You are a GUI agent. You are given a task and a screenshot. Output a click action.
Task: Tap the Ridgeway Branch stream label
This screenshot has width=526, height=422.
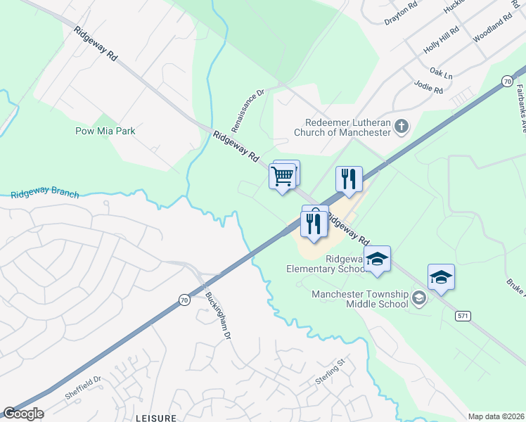[x=45, y=194]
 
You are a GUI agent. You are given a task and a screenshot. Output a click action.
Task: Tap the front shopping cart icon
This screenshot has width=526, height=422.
[x=282, y=177]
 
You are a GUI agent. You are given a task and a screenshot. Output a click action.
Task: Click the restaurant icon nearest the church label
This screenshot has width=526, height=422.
[x=349, y=180]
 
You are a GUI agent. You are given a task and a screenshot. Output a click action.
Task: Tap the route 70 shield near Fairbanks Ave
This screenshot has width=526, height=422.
[x=506, y=82]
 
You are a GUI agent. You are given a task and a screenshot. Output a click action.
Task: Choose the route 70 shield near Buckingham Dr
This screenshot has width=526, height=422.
[x=184, y=300]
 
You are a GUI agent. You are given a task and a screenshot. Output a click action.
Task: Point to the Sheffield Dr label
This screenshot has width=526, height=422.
[x=84, y=388]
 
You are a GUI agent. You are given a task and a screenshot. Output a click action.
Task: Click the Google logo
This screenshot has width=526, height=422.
[x=23, y=413]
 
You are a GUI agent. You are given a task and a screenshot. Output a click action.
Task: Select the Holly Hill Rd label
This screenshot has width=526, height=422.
[x=441, y=41]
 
